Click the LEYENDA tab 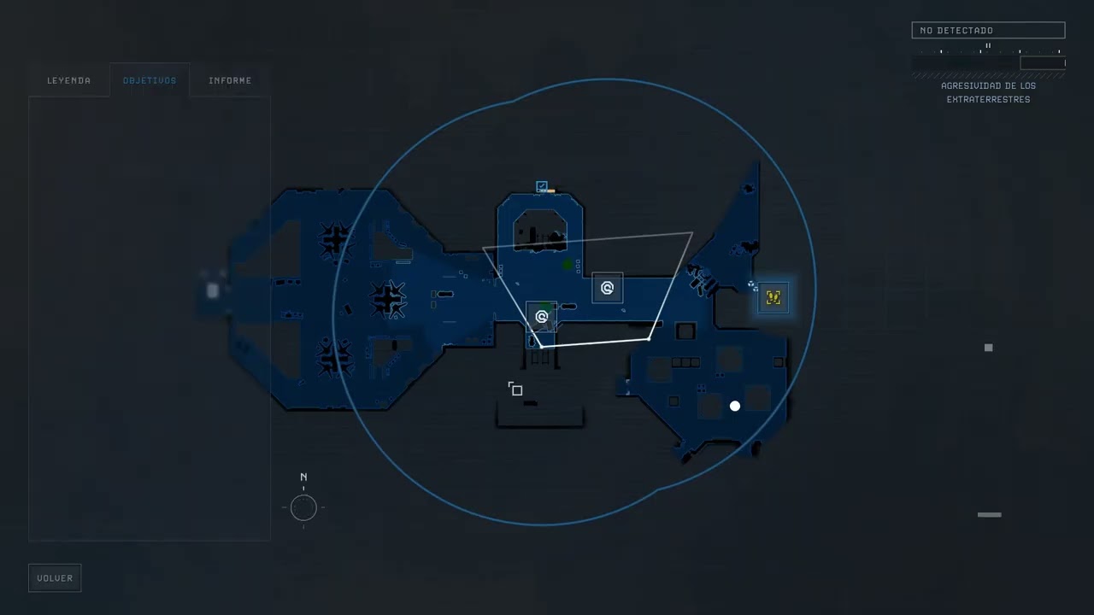[69, 80]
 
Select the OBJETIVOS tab [150, 80]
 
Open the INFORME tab [230, 80]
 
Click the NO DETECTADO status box [988, 30]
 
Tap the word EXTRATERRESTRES [988, 100]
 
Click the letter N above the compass [303, 477]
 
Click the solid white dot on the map [734, 406]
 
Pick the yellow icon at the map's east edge [773, 297]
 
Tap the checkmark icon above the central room [542, 185]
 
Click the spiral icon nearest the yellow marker [607, 288]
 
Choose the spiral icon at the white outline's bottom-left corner [541, 317]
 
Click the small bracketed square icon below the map [515, 389]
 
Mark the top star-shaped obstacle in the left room [335, 240]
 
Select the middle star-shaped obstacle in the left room [388, 299]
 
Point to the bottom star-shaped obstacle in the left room [334, 358]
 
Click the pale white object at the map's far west [213, 291]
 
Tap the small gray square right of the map [989, 348]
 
